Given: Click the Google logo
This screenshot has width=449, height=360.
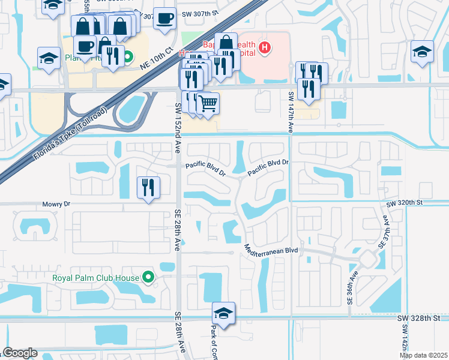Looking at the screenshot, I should pos(20,353).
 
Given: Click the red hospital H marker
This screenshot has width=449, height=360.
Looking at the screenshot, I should pos(264,47).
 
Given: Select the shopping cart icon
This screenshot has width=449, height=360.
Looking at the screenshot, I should pos(208,103).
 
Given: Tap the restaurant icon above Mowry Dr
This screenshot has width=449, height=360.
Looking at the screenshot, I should pos(148,187).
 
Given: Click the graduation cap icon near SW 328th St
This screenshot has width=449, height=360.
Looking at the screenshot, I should pos(223,313).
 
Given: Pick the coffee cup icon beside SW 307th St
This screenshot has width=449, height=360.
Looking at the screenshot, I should pos(164,18).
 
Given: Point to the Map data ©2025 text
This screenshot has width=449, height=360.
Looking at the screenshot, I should pos(423,355).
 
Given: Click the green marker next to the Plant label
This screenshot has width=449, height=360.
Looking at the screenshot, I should pos(128,58).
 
